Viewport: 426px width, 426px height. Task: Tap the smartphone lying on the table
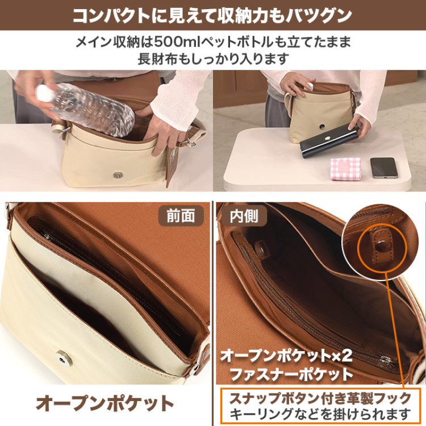coord(383,168)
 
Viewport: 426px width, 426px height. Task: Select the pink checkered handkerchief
coord(345,169)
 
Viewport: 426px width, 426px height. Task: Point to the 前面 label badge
coord(181,216)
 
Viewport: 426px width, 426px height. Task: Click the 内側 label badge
coord(244,216)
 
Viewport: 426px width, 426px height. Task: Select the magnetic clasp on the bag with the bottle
coord(118,175)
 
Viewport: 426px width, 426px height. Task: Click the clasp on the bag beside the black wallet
coord(323,127)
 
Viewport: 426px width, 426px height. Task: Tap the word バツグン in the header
coord(319,15)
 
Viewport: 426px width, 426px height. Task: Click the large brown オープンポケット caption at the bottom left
coord(105,403)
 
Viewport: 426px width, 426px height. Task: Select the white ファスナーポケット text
coord(291,374)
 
